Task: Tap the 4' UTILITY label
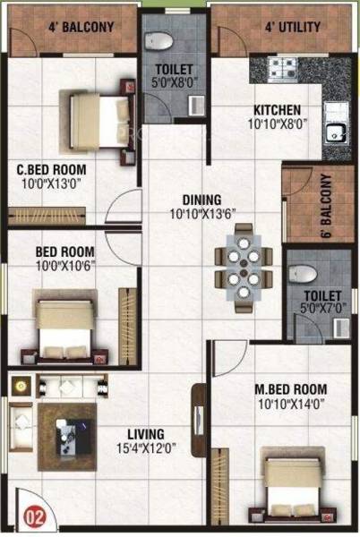[x=292, y=27]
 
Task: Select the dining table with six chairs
[x=238, y=266]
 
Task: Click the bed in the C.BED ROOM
[x=97, y=113]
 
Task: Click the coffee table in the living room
[x=66, y=437]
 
